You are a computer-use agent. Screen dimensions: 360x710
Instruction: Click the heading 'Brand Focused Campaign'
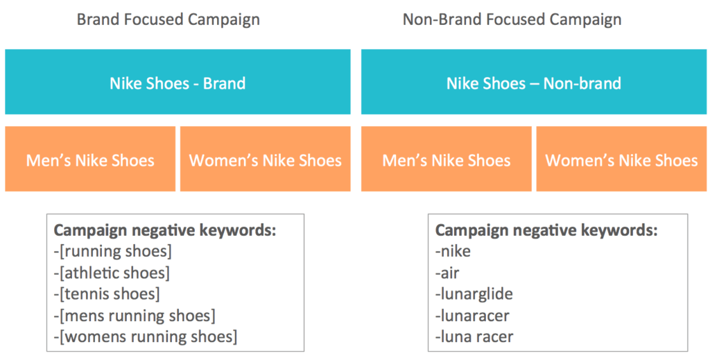[x=168, y=19]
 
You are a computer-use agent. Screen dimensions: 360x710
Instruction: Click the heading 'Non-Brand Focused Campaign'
[x=512, y=19]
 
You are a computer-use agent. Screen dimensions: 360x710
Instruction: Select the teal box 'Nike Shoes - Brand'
[x=177, y=83]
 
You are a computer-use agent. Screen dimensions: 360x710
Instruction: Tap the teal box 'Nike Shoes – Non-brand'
[x=533, y=83]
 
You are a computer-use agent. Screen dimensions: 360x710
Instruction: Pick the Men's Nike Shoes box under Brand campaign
[x=90, y=160]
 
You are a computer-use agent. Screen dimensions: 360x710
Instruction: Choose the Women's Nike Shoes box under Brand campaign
[x=266, y=160]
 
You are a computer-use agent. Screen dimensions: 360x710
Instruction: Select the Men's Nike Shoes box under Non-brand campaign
[x=447, y=160]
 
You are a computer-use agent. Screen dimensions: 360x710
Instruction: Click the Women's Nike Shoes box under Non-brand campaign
[x=622, y=160]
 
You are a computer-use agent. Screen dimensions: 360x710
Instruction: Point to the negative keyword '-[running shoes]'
[x=113, y=251]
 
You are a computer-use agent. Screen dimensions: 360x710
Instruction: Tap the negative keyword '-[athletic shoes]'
[x=112, y=273]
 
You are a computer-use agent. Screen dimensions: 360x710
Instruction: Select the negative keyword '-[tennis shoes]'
[x=107, y=294]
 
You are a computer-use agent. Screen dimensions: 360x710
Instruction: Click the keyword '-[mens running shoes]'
[x=135, y=316]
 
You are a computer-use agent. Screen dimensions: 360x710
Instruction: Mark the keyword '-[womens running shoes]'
[x=146, y=337]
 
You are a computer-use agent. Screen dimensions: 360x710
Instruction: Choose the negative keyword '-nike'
[x=453, y=251]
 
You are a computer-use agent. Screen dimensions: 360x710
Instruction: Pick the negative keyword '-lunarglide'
[x=474, y=294]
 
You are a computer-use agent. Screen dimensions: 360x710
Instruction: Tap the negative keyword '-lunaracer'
[x=472, y=316]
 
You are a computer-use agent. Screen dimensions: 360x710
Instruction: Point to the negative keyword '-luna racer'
[x=474, y=337]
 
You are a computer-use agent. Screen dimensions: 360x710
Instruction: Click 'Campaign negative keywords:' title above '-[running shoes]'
[x=165, y=230]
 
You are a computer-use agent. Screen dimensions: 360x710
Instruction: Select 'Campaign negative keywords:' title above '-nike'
[x=546, y=230]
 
